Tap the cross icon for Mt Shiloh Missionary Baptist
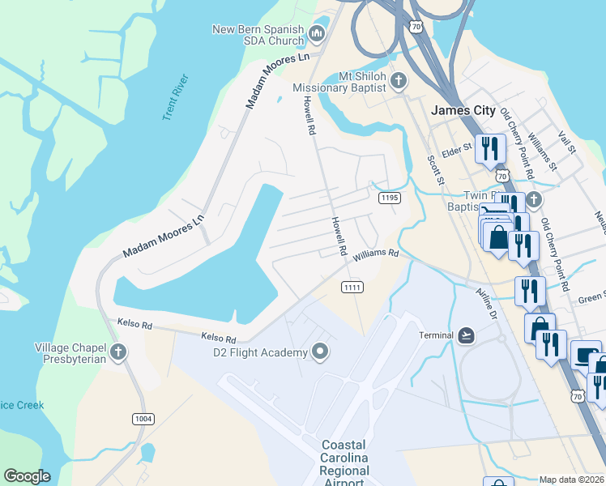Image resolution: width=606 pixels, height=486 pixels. click(398, 80)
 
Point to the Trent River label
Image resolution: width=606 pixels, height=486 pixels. click(175, 97)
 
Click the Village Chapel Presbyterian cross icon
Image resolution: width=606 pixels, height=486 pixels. click(118, 352)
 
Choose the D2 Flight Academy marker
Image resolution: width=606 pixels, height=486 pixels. click(321, 352)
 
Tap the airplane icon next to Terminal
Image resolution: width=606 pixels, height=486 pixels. click(466, 335)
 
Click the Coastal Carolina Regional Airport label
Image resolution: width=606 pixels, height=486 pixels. click(344, 463)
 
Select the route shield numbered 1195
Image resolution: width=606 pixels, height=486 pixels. click(389, 198)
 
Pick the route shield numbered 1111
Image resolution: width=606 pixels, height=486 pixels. click(352, 288)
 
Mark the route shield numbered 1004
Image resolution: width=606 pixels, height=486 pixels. click(144, 418)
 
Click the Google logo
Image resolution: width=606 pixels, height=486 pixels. click(27, 476)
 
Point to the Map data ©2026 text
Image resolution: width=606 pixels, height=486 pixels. click(571, 480)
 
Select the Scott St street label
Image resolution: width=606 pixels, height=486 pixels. click(437, 171)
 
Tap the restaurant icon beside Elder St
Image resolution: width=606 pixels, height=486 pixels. click(491, 148)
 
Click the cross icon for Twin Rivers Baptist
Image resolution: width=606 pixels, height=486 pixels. click(533, 199)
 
